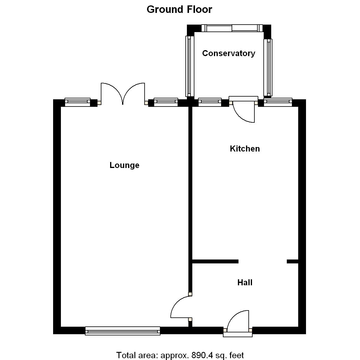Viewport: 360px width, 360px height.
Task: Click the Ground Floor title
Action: (179, 10)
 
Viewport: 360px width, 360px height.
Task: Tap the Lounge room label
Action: (124, 165)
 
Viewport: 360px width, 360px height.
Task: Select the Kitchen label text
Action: (244, 149)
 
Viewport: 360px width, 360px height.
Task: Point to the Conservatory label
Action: (228, 53)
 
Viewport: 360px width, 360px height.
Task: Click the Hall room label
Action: (244, 283)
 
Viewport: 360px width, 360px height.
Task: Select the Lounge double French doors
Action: (123, 94)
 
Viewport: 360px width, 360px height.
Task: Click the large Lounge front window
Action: (123, 331)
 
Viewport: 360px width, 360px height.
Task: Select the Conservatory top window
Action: (232, 28)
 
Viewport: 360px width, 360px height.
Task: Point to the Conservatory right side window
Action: (268, 67)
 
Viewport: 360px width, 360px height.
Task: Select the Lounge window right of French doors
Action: (166, 102)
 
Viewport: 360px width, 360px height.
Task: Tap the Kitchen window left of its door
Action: (210, 102)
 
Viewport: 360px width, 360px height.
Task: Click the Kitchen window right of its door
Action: (278, 102)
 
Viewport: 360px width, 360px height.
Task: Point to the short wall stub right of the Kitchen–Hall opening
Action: (292, 262)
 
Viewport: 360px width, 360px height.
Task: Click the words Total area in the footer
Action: (136, 355)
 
